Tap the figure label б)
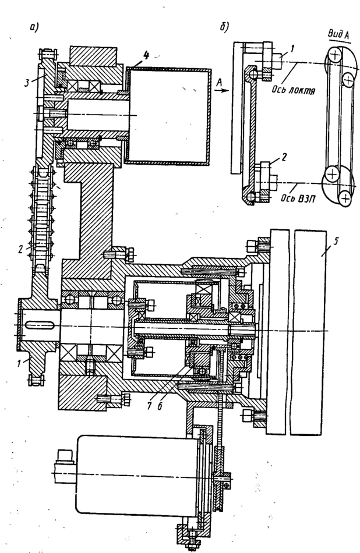pos(225,27)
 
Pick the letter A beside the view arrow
pos(218,83)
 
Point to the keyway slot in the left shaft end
pos(40,321)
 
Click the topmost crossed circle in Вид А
pos(334,56)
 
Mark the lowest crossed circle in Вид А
pos(345,199)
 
